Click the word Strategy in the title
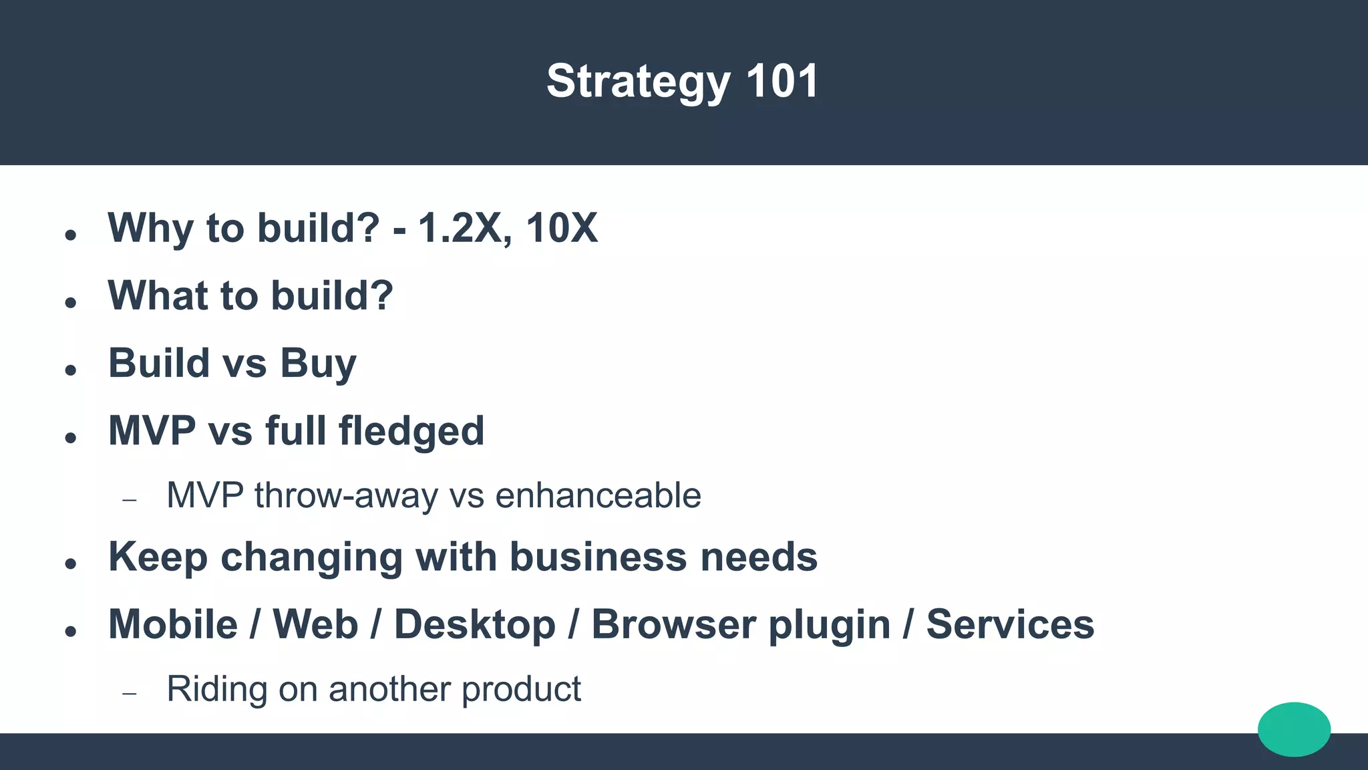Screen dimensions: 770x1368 [638, 82]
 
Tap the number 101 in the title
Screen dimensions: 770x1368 [782, 82]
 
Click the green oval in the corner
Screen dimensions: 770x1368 [1294, 729]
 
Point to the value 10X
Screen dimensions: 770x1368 [562, 228]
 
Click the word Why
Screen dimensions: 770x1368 [150, 228]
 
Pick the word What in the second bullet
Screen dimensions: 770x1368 [161, 295]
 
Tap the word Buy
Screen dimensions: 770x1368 [318, 364]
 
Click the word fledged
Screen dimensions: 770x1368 [411, 430]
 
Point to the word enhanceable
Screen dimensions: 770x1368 [598, 496]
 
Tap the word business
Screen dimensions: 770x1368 [598, 557]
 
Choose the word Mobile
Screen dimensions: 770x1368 [173, 624]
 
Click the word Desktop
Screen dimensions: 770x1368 [474, 624]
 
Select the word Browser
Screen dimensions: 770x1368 [673, 624]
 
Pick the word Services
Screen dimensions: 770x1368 [1010, 624]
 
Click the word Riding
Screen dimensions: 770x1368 [216, 689]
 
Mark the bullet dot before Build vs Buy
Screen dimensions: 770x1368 [71, 370]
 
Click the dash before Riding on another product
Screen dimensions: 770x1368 [130, 693]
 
